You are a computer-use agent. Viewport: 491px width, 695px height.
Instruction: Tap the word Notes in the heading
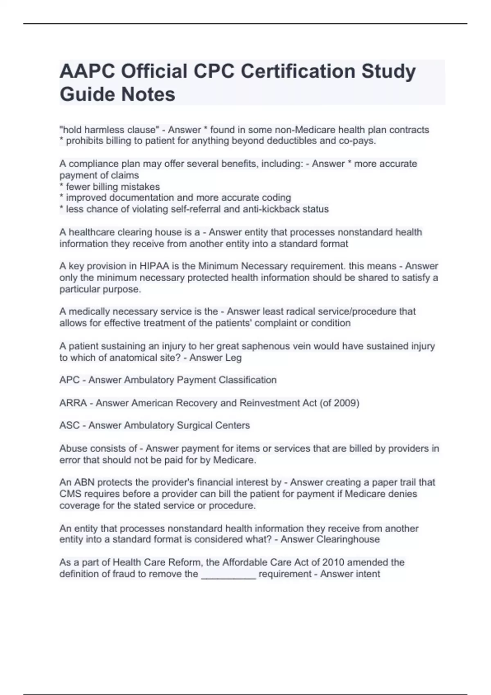[x=148, y=94]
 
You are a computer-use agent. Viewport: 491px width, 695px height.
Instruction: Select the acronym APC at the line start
[x=69, y=380]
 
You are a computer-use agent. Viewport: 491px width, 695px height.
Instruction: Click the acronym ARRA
[x=73, y=403]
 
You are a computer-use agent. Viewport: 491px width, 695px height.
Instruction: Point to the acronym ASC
[x=69, y=425]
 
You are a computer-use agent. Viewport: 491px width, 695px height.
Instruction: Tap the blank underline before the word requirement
[x=229, y=574]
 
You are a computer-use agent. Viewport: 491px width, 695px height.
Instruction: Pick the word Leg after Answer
[x=233, y=358]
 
